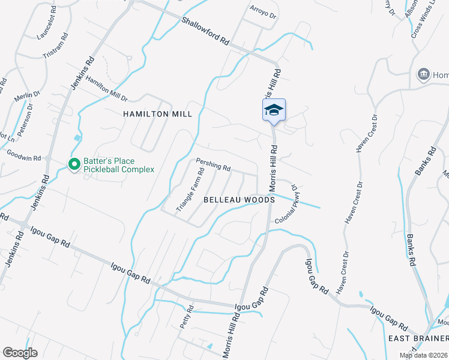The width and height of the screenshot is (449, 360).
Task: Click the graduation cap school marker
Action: (x=274, y=110)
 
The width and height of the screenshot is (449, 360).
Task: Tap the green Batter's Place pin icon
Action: (x=74, y=164)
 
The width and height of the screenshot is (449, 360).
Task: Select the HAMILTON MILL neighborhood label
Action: (x=157, y=114)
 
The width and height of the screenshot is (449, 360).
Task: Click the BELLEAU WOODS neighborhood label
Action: (x=239, y=199)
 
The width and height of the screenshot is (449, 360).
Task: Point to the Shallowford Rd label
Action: (x=206, y=31)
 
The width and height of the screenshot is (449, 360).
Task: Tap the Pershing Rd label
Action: (x=213, y=164)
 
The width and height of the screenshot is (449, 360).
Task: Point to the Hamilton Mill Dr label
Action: (x=106, y=89)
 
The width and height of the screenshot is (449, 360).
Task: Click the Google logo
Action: (x=20, y=353)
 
